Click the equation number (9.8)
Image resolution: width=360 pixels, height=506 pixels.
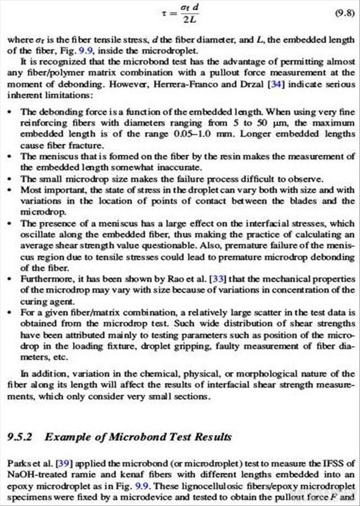coord(343,12)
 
